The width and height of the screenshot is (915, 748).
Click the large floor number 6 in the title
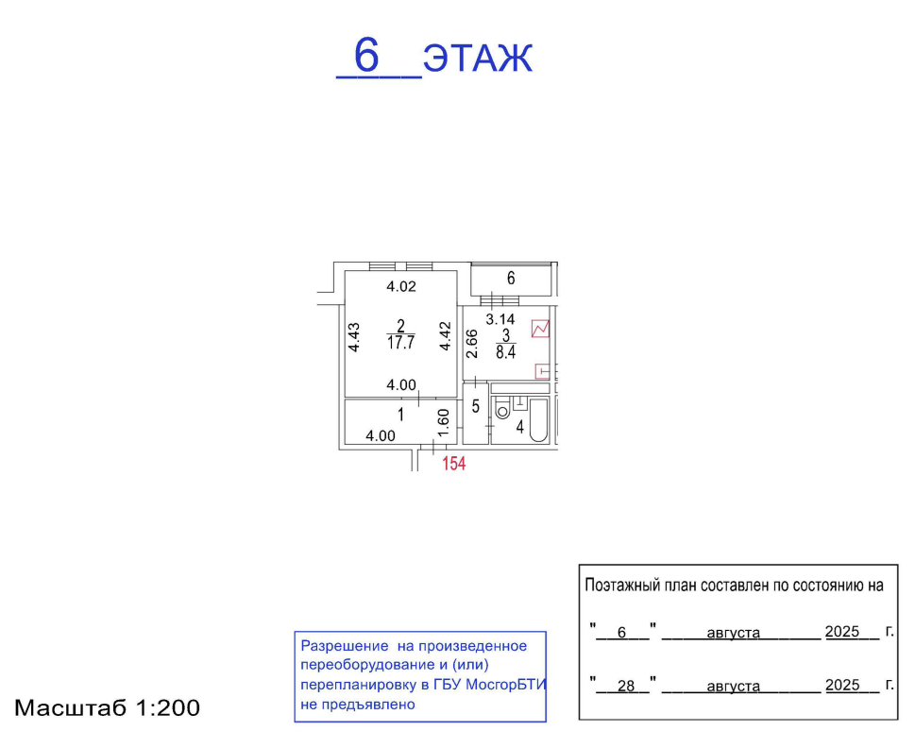pos(366,55)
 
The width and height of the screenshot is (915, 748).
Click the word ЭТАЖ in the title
pos(478,59)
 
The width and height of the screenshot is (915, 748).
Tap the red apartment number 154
pos(454,464)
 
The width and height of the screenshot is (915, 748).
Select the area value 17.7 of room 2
pos(401,343)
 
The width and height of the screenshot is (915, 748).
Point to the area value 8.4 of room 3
pos(506,352)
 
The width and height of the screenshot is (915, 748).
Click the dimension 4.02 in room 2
pos(401,286)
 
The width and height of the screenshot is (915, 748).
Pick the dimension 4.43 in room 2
pos(353,337)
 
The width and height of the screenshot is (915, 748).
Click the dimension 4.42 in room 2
pos(446,336)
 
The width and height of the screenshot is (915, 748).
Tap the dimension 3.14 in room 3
pos(500,319)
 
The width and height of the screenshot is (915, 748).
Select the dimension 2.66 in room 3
pos(472,344)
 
